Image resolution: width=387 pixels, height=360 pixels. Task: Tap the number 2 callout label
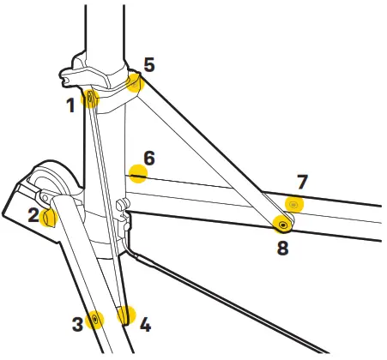(x=33, y=215)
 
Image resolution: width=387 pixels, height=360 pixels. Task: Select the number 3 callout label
(x=76, y=323)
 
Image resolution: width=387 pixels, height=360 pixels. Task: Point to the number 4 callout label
(x=145, y=325)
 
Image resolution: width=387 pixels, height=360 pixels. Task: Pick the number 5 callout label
(x=148, y=64)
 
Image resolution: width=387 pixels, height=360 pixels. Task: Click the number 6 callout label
(x=148, y=159)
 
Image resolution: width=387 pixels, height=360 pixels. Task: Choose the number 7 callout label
(x=301, y=182)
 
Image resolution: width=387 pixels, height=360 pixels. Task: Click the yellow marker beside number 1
(x=88, y=99)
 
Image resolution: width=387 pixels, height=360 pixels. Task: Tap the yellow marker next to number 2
(x=50, y=215)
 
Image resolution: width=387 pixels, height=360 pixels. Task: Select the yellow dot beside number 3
(x=94, y=320)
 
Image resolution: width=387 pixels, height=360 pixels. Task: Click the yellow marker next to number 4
(x=126, y=315)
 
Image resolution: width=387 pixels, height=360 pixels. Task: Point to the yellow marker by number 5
(x=134, y=81)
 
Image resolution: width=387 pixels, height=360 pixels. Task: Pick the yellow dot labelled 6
(x=136, y=174)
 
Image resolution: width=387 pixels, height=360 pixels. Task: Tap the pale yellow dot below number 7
(x=295, y=205)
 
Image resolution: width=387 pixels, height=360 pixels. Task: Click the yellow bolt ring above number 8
(x=283, y=225)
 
